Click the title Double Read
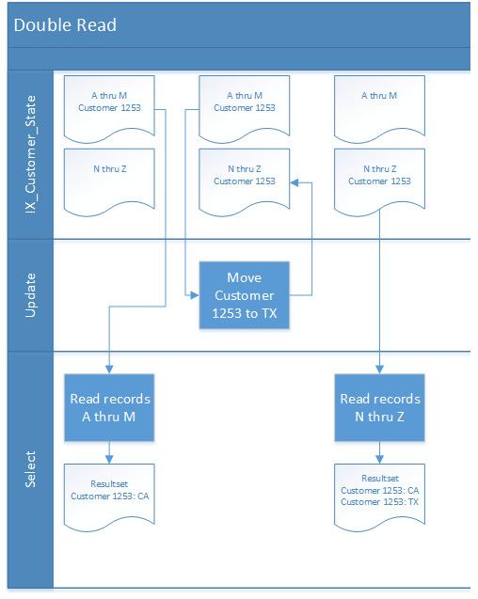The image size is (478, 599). [65, 24]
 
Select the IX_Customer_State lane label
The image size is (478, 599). [28, 155]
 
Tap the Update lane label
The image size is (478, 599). [28, 294]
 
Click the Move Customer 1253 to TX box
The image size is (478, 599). [244, 294]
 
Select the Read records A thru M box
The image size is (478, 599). [109, 407]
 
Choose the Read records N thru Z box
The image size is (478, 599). [379, 407]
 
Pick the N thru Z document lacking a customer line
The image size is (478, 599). [108, 178]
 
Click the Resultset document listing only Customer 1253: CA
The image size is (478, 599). [109, 490]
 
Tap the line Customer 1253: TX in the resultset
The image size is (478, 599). [379, 502]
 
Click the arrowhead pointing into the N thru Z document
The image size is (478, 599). [294, 183]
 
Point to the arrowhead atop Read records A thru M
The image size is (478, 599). [109, 370]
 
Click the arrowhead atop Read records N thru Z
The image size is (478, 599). [379, 370]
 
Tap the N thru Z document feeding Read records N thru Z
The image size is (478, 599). [379, 178]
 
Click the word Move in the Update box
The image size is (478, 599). [244, 278]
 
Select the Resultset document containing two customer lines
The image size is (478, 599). [379, 490]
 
